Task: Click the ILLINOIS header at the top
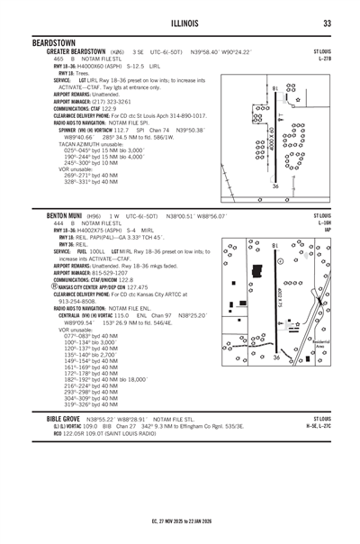[x=180, y=23]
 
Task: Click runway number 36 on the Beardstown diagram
[x=275, y=186]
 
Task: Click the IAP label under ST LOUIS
[x=327, y=230]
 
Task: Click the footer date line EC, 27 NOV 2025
[x=180, y=520]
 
